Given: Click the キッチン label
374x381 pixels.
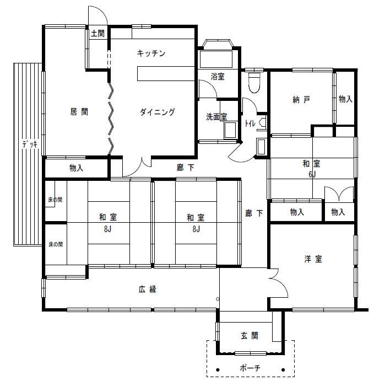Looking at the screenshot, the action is pyautogui.click(x=151, y=53).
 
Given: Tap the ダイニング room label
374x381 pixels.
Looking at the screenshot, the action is pyautogui.click(x=158, y=112).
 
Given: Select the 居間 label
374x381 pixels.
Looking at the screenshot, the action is pyautogui.click(x=79, y=112).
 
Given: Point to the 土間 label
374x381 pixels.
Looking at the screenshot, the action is pyautogui.click(x=97, y=33).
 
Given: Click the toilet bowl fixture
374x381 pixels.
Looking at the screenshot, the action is pyautogui.click(x=254, y=83).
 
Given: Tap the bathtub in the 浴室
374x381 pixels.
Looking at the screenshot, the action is pyautogui.click(x=216, y=59).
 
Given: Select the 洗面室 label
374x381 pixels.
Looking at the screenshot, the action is pyautogui.click(x=216, y=117).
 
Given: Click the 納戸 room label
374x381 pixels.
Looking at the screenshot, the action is pyautogui.click(x=301, y=99).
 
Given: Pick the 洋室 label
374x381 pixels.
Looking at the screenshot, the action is pyautogui.click(x=313, y=259).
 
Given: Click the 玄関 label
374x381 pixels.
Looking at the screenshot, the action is pyautogui.click(x=250, y=336).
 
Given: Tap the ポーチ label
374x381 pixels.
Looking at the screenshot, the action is pyautogui.click(x=250, y=368).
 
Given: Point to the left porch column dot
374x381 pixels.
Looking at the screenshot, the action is pyautogui.click(x=218, y=370).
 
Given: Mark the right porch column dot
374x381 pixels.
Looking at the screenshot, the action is pyautogui.click(x=283, y=370).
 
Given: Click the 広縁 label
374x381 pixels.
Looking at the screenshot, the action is pyautogui.click(x=148, y=289).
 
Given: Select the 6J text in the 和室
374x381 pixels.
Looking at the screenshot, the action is pyautogui.click(x=312, y=174).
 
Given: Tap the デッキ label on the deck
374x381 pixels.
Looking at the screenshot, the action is pyautogui.click(x=30, y=144).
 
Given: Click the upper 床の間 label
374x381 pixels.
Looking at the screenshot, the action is pyautogui.click(x=55, y=200).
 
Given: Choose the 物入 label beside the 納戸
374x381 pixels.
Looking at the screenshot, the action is pyautogui.click(x=345, y=99).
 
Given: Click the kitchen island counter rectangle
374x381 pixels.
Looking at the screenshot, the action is pyautogui.click(x=166, y=73).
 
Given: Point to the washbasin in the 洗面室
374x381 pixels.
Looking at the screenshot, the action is pyautogui.click(x=230, y=130).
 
